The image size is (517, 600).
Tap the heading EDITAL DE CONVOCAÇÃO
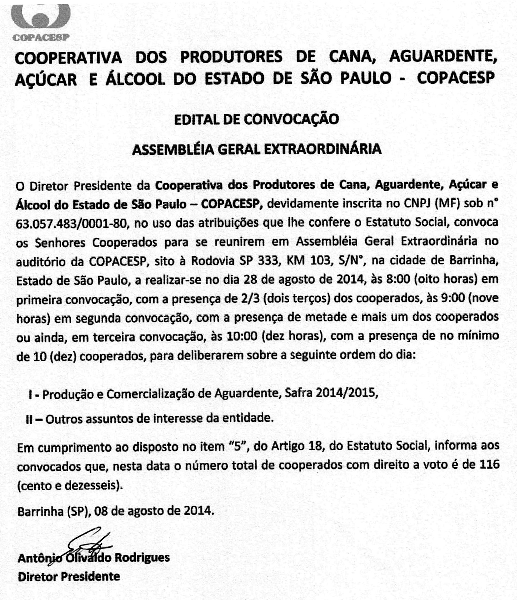(x=256, y=120)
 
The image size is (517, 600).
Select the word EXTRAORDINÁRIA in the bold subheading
(x=323, y=149)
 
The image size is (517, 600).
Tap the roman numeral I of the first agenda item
(x=30, y=394)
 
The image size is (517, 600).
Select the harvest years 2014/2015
(x=346, y=394)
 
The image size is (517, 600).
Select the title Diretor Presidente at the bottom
(x=69, y=577)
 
